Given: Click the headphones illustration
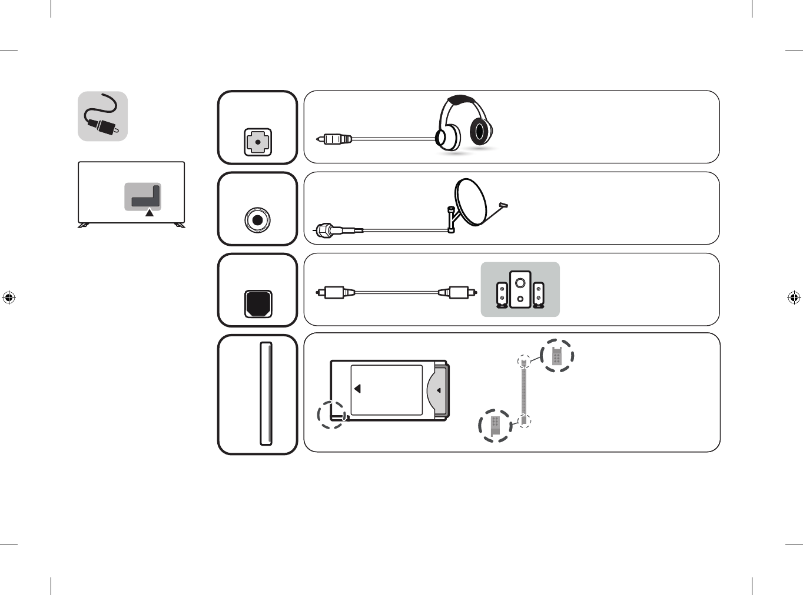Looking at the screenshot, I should pos(464,123).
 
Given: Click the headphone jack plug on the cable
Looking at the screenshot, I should pos(334,139).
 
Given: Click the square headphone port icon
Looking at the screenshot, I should pos(258,142).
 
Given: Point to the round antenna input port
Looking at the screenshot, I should pos(257,220).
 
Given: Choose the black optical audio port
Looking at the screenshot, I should pos(258,303).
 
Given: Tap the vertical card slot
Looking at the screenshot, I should pos(266,393).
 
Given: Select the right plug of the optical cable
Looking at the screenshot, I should pos(458,292).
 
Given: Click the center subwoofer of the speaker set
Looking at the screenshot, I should pos(520,289).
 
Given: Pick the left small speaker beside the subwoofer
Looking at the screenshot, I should pos(502,295).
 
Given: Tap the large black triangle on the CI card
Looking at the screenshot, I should pos(357,389).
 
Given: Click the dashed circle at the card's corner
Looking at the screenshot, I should pos(331,415).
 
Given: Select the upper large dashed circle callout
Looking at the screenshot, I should pos(556,356).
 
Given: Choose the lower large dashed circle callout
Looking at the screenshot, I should pos(495,425).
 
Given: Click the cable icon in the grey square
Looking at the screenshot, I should pos(102,116).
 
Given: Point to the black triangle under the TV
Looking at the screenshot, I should pos(150,213).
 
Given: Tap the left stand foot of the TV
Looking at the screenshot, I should pos(84,225).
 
